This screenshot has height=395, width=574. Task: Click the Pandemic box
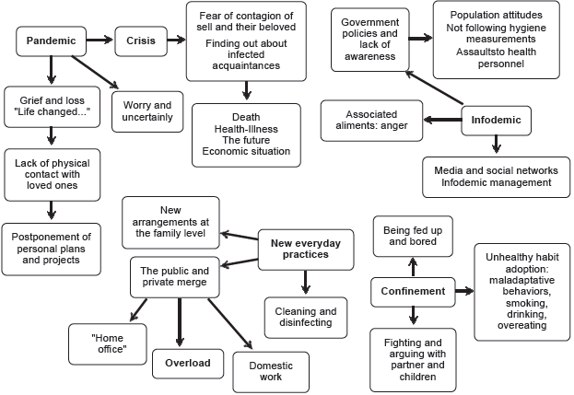click(51, 41)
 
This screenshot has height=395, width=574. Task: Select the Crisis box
click(140, 41)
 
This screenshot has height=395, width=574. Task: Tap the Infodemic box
click(496, 119)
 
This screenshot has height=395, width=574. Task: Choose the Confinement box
click(414, 291)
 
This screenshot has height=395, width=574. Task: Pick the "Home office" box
click(109, 343)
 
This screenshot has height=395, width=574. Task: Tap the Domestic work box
click(271, 371)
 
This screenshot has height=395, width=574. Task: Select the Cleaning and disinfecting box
click(304, 318)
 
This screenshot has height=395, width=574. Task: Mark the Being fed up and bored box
click(412, 237)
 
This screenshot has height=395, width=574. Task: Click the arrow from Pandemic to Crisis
click(100, 41)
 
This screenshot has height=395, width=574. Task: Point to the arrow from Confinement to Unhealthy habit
click(461, 291)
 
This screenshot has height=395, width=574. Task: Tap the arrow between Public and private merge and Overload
click(180, 321)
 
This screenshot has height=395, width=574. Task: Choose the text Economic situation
click(246, 151)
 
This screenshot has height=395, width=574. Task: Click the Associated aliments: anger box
click(371, 119)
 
